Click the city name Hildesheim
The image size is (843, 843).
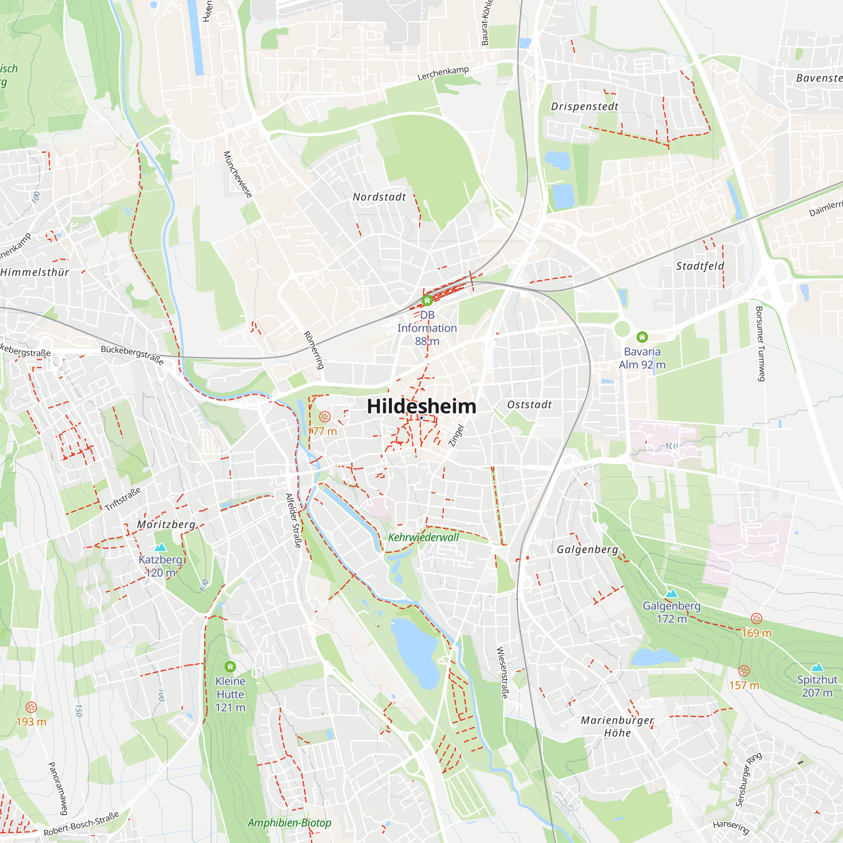click(421, 406)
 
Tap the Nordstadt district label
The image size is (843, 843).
click(379, 197)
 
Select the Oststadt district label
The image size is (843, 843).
click(529, 405)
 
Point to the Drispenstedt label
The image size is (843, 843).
click(585, 107)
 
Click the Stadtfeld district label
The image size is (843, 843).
click(700, 266)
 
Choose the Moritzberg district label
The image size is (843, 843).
click(166, 524)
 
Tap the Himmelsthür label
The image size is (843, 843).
click(35, 273)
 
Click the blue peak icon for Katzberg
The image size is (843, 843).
click(161, 547)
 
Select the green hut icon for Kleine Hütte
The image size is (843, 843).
click(231, 666)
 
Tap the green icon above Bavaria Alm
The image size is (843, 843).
click(642, 337)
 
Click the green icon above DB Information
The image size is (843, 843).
click(427, 300)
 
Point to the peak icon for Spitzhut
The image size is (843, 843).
click(817, 667)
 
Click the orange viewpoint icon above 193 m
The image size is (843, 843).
click(31, 707)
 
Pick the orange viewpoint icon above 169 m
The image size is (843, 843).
click(756, 618)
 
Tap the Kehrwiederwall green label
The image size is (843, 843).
click(423, 537)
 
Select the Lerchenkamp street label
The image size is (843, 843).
click(443, 73)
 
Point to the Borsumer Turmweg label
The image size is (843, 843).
click(760, 344)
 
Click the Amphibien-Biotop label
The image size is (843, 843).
click(289, 823)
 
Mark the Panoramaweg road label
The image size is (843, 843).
click(58, 789)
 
